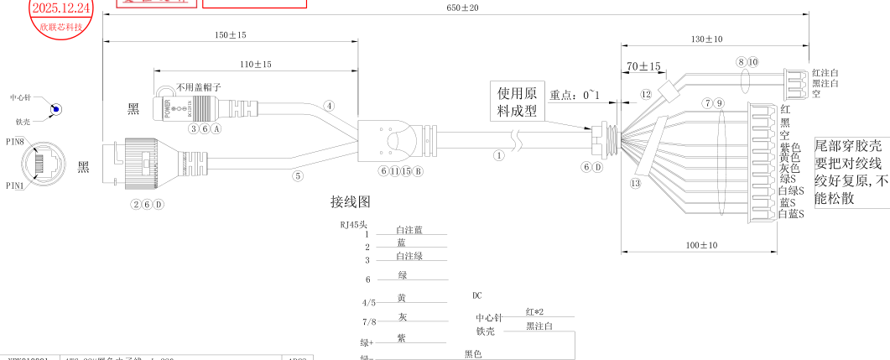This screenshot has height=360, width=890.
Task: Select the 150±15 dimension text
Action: pos(229,34)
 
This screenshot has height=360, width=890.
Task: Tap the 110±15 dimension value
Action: pos(255,64)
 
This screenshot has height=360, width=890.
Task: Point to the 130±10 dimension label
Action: pos(706,39)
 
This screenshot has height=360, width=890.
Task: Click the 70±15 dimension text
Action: pos(643,65)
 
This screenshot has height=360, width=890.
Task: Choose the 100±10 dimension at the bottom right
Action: pos(701,245)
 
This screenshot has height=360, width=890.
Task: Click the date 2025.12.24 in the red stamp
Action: pos(60,8)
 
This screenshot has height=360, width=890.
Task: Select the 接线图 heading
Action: pos(350,202)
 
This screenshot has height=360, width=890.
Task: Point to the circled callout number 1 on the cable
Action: pos(500,155)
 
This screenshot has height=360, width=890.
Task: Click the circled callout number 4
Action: pos(330,106)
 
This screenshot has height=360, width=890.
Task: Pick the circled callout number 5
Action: pos(297,176)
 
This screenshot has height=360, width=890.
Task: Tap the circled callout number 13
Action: pos(635,183)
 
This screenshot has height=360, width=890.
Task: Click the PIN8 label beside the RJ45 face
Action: pos(15,142)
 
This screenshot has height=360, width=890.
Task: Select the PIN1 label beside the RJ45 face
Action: pos(15,185)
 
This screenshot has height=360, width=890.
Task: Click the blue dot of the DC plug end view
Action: pos(55,109)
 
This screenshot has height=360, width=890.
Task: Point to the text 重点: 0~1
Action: pos(575,95)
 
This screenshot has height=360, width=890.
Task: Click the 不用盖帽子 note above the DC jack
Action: pos(199,87)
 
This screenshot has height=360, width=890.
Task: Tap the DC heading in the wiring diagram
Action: pos(477,295)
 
